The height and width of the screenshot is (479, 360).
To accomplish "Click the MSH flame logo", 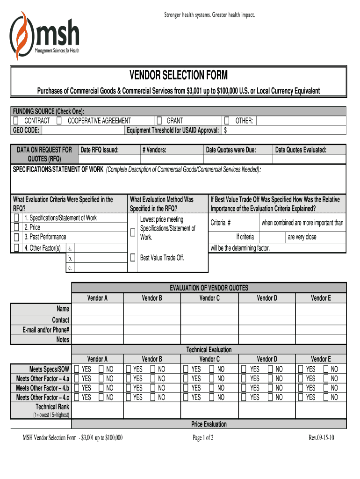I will (x=21, y=35).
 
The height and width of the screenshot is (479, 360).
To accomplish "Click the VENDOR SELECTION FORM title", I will (x=179, y=75).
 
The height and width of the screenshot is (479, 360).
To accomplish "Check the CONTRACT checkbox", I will (x=15, y=121).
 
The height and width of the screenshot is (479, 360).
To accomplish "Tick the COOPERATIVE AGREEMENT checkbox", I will (x=59, y=121).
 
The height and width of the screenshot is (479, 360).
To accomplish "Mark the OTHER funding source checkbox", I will (x=227, y=121).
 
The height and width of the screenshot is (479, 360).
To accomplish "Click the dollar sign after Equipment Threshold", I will (x=225, y=130).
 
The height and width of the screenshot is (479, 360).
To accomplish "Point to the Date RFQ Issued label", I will (x=100, y=150).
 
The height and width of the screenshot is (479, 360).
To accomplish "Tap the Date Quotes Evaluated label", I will (x=301, y=150).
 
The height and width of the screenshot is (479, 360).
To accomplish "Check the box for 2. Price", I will (x=17, y=228).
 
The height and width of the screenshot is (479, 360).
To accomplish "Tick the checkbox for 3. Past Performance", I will (x=17, y=237).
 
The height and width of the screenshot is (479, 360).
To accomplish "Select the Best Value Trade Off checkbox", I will (x=133, y=257).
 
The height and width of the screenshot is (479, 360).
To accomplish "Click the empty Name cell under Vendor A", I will (x=97, y=309).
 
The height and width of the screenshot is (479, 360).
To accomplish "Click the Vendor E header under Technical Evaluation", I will (x=321, y=359).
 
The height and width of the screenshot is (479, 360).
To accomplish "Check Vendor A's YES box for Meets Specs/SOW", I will (x=77, y=369).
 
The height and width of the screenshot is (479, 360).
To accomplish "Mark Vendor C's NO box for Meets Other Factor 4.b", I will (x=212, y=388).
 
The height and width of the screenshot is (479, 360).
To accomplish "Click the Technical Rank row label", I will (x=52, y=407).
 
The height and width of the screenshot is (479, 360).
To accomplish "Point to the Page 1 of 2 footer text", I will (x=203, y=438).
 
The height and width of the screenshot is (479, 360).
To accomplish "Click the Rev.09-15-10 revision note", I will (x=321, y=438).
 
